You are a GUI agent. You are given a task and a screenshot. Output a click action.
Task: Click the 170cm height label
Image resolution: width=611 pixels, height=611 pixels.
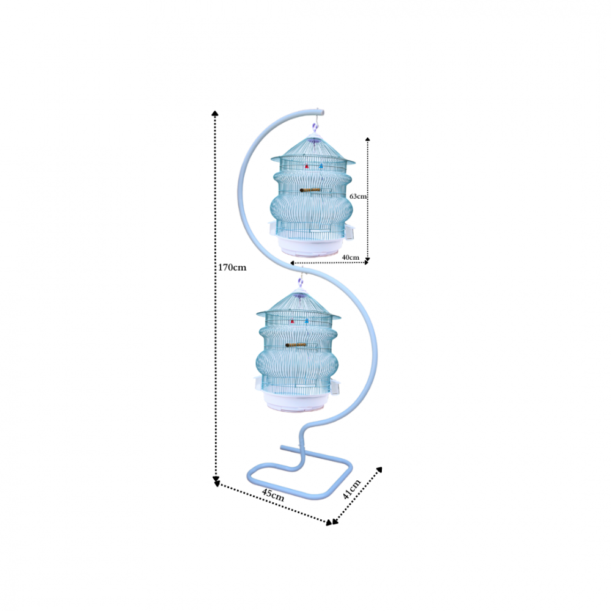coord(232,268)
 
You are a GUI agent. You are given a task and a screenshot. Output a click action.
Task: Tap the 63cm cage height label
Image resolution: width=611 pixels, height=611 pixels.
coord(357,196)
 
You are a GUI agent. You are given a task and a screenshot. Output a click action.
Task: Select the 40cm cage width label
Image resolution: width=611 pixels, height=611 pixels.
coord(351,257)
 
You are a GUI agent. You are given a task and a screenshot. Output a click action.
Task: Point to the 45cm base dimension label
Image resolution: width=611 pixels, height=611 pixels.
coord(273,494)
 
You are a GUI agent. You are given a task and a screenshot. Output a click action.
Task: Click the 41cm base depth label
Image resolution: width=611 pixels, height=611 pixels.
coord(351,489)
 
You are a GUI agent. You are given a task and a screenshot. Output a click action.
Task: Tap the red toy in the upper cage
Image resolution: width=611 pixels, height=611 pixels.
coord(307,166)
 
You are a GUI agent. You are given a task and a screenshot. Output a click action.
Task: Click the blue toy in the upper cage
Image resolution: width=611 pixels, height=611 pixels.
coord(321,166)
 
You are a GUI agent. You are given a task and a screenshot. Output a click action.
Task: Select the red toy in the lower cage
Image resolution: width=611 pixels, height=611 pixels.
coord(292,321)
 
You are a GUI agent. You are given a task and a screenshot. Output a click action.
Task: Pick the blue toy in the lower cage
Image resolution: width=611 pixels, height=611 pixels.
coord(307,321)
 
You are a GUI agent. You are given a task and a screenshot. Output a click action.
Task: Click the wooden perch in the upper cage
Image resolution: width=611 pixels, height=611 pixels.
coord(310,190)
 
